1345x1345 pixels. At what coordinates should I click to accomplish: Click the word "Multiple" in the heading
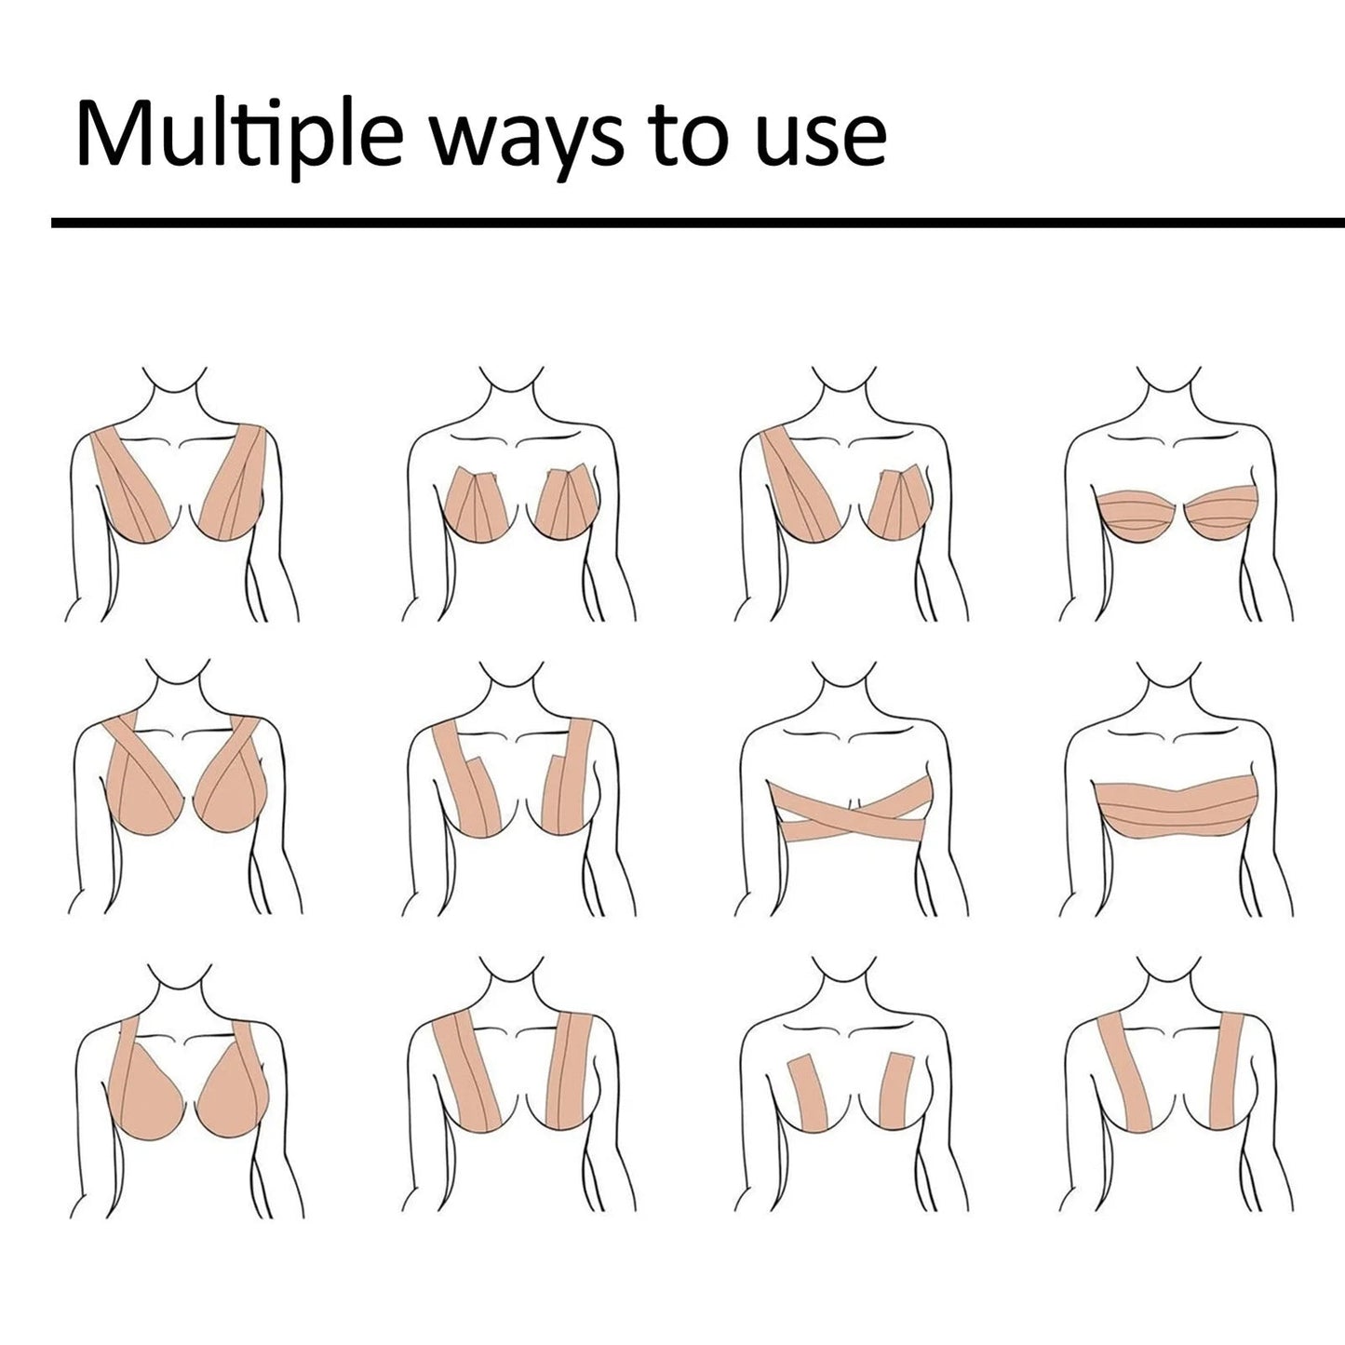(237, 136)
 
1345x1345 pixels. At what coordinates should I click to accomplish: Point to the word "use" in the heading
(820, 136)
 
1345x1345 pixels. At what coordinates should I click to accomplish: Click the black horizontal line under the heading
(698, 222)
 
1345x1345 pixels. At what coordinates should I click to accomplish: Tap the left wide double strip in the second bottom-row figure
(470, 1070)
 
